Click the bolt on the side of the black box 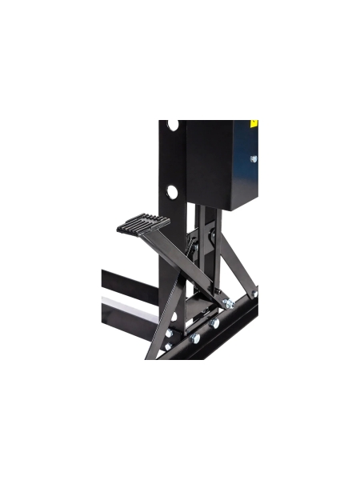(x=253, y=158)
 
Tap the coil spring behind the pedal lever (x=193, y=245)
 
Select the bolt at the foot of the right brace (x=255, y=294)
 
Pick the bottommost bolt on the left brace (x=168, y=346)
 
